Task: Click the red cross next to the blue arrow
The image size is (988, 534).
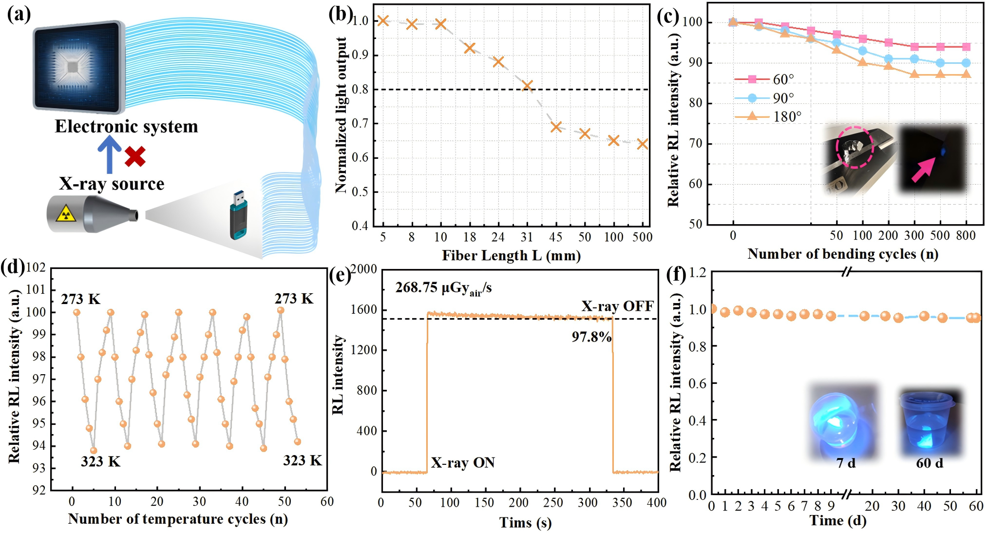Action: pyautogui.click(x=135, y=156)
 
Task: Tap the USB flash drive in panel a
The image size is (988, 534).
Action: pyautogui.click(x=239, y=215)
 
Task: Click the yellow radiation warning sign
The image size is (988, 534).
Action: pyautogui.click(x=65, y=213)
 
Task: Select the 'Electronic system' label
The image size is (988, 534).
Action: pyautogui.click(x=127, y=127)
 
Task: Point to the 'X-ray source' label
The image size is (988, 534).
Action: pyautogui.click(x=112, y=184)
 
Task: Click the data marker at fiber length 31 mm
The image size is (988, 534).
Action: pyautogui.click(x=527, y=86)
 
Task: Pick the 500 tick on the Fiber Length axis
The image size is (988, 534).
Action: pyautogui.click(x=642, y=237)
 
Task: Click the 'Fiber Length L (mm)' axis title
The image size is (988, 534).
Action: pyautogui.click(x=511, y=255)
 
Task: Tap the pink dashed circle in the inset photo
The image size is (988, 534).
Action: pyautogui.click(x=855, y=147)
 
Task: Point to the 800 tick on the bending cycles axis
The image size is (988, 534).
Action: pyautogui.click(x=966, y=236)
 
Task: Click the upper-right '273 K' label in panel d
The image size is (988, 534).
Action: pyautogui.click(x=294, y=299)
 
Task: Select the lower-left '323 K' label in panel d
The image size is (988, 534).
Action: pyautogui.click(x=100, y=461)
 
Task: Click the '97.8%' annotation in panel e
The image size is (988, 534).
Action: pyautogui.click(x=591, y=337)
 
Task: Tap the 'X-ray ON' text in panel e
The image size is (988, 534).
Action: pyautogui.click(x=463, y=462)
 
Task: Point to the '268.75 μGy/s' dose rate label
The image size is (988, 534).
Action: pyautogui.click(x=443, y=288)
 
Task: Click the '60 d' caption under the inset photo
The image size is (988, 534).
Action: pyautogui.click(x=930, y=463)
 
